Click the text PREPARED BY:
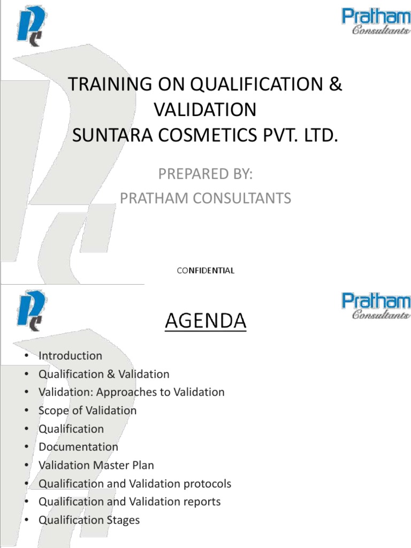point(205,174)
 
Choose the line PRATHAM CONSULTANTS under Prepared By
point(205,199)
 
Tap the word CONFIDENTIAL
point(205,270)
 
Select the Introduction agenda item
point(70,355)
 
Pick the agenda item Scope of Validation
point(87,410)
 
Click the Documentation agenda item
point(78,447)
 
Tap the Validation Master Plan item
point(96,465)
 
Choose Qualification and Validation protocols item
point(135,484)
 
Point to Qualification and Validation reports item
point(130,502)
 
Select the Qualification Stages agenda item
point(89,520)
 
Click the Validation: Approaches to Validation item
point(131,392)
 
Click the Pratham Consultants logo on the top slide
point(376,22)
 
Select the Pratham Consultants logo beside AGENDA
point(376,306)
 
